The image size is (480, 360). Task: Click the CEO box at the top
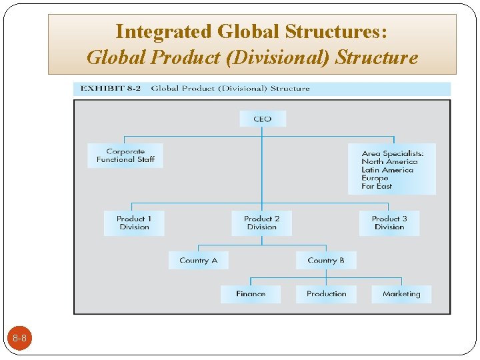[x=263, y=119]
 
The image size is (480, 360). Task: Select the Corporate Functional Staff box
[x=125, y=155]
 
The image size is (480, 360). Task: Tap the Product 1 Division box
[x=134, y=223]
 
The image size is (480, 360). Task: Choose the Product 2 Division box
[x=261, y=223]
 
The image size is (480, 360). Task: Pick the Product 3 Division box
[x=389, y=223]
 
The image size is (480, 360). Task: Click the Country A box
[x=198, y=260]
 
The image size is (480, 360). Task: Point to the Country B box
[x=326, y=260]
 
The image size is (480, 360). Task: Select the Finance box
[x=251, y=294]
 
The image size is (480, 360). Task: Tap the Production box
[x=327, y=294]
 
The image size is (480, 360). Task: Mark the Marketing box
[x=401, y=294]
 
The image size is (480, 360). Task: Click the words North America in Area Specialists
[x=389, y=161]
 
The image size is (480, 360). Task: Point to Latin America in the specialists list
[x=387, y=170]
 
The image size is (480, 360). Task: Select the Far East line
[x=377, y=187]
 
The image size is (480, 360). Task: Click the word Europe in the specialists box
[x=375, y=178]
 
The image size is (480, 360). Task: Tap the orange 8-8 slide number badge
[x=19, y=339]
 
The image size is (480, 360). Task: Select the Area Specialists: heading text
[x=392, y=153]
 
